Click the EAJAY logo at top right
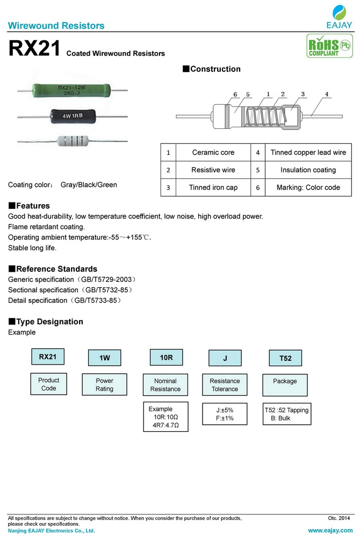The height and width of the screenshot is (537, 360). click(339, 17)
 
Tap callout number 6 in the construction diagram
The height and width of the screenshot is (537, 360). click(235, 95)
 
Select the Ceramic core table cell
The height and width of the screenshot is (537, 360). click(213, 153)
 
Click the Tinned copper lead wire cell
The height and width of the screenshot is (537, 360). click(308, 153)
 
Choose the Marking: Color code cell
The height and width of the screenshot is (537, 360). click(308, 187)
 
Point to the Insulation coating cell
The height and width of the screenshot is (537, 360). click(308, 170)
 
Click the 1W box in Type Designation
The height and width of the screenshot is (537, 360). click(104, 358)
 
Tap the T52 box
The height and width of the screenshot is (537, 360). click(285, 358)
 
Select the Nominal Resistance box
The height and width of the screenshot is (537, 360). click(165, 385)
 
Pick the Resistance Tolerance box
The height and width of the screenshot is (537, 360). click(225, 385)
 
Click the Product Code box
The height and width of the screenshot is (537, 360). click(49, 384)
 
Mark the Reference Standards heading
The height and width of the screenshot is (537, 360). click(53, 268)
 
